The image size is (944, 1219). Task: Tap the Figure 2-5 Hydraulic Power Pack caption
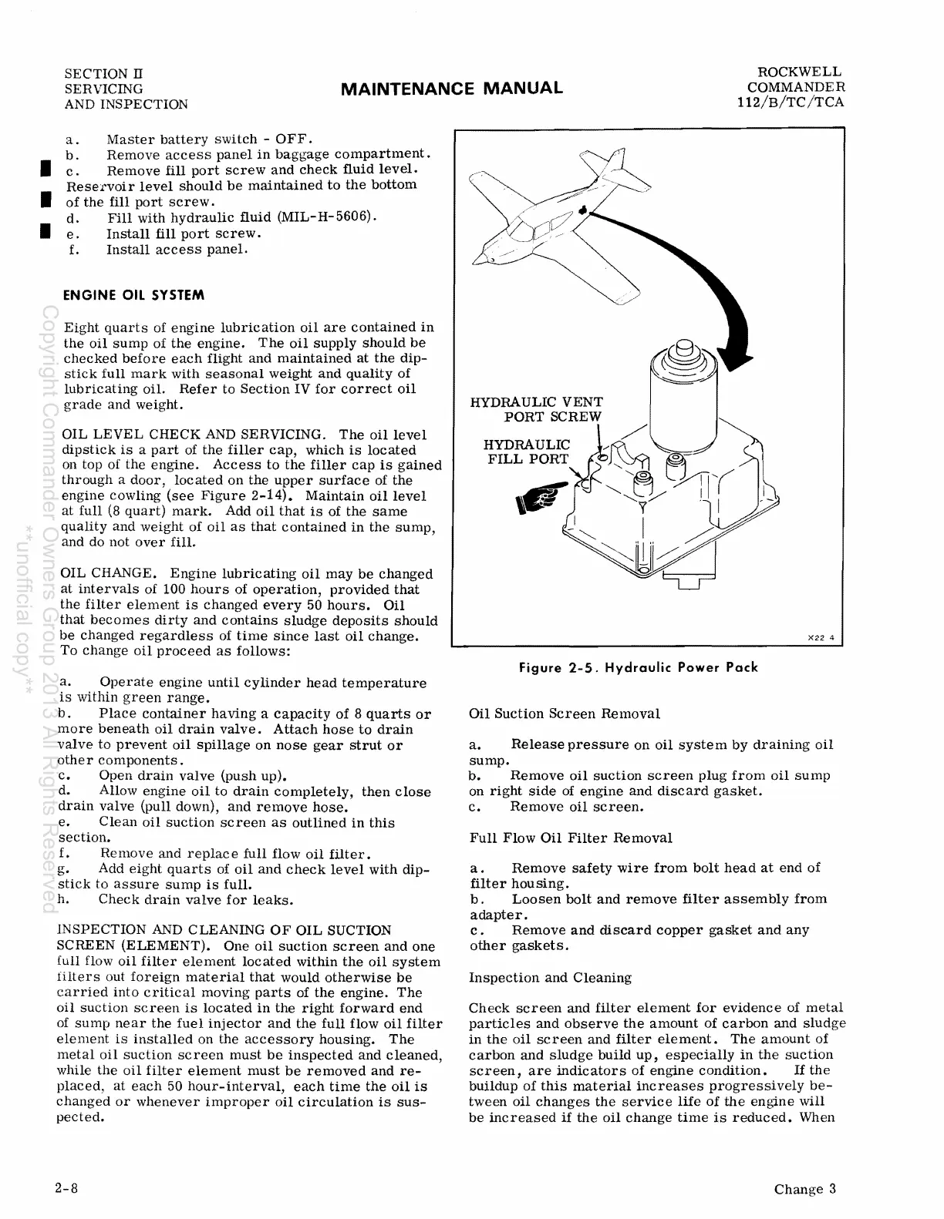639,667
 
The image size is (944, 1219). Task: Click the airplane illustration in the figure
545,222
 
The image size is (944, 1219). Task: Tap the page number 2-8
67,1187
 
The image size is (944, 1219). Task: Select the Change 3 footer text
805,1188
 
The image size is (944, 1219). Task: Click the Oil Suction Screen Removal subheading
565,714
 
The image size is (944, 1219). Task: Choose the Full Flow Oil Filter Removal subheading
571,838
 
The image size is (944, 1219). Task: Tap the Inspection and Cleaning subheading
551,978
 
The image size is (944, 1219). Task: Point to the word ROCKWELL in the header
800,72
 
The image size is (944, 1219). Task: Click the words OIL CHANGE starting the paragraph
109,573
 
